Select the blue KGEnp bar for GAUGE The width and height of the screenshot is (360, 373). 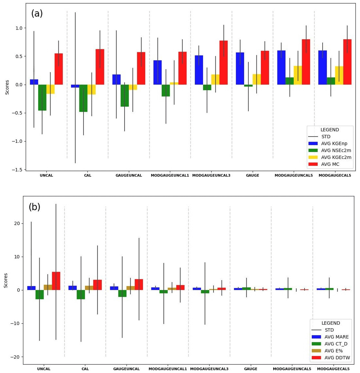[240, 68]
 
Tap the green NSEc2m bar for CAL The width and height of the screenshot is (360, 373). [83, 98]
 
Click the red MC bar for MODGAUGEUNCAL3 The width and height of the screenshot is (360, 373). [224, 63]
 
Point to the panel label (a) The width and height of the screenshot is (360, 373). [37, 14]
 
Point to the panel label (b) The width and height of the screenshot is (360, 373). [35, 207]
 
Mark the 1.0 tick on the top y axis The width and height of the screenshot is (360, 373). [19, 28]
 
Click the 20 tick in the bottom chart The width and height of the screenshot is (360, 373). [17, 223]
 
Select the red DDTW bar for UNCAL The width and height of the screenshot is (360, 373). [56, 281]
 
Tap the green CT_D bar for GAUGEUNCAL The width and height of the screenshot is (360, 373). [122, 293]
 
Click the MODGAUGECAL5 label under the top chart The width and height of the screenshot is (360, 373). [335, 176]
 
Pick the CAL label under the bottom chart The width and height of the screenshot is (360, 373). [85, 369]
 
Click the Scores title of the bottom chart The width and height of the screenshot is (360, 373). [6, 280]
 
